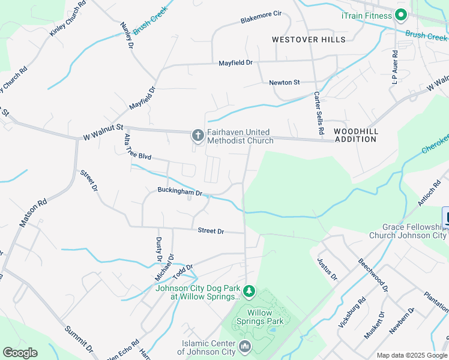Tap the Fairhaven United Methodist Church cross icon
(x=197, y=136)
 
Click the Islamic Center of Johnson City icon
(x=245, y=347)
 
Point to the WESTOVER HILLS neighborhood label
(x=309, y=40)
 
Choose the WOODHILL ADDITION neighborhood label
(x=355, y=135)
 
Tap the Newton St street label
(x=284, y=82)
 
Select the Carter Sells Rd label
(x=319, y=113)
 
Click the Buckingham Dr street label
(x=179, y=192)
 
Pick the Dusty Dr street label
(x=159, y=249)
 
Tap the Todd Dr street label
(x=182, y=272)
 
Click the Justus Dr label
(x=328, y=269)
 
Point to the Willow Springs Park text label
(x=260, y=317)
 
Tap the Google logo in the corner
(x=20, y=353)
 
